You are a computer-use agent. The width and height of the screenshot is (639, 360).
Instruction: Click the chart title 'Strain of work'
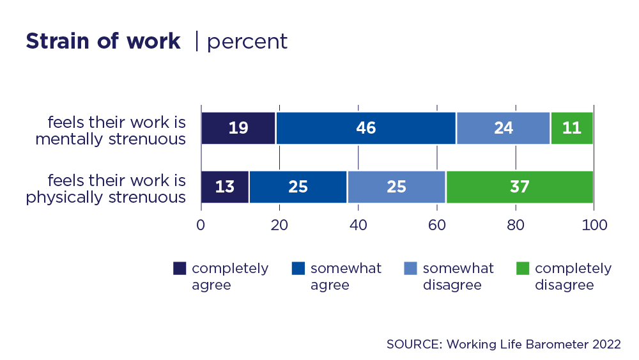tap(103, 42)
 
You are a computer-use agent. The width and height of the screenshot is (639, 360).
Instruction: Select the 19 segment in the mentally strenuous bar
tap(238, 128)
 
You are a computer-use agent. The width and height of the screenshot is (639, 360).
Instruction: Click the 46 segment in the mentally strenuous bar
tap(366, 128)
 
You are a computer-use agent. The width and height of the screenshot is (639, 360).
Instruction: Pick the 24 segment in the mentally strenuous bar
tap(503, 128)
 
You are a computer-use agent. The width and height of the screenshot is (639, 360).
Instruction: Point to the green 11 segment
tap(572, 128)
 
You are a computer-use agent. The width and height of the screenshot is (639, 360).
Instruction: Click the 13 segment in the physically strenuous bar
tap(225, 187)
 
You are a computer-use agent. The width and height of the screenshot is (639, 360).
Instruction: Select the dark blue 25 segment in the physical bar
tap(298, 187)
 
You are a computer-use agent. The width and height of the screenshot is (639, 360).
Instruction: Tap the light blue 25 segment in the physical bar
tap(396, 187)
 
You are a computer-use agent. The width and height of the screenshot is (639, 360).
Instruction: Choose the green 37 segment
tap(520, 187)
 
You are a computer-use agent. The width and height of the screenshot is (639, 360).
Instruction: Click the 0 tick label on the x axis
tap(201, 225)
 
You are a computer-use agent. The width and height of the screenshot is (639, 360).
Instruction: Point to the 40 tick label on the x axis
tap(358, 225)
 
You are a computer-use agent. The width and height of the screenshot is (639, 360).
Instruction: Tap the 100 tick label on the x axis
tap(594, 225)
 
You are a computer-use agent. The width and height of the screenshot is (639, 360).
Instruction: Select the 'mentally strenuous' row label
tap(111, 130)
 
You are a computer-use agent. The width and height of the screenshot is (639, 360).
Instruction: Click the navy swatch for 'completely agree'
tap(180, 269)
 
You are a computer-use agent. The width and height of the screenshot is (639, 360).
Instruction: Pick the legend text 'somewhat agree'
tap(346, 276)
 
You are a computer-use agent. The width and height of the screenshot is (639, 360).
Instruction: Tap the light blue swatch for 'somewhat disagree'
tap(411, 269)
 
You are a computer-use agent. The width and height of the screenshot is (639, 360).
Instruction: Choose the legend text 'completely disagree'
tap(573, 276)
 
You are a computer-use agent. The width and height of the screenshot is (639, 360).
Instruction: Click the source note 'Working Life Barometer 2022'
tap(504, 344)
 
